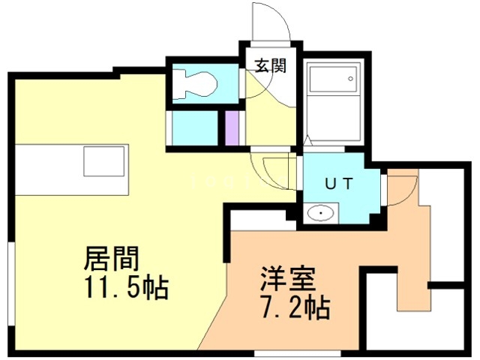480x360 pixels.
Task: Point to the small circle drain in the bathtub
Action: coord(350,78)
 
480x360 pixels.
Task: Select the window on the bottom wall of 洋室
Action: coord(282,351)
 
